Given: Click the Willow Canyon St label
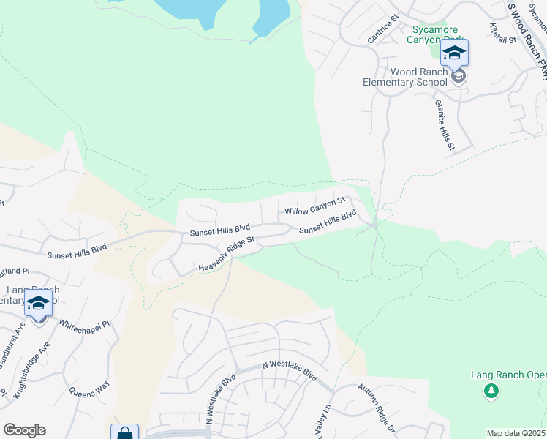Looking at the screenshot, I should coord(314,206).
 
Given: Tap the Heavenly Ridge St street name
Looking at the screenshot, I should coord(226,255).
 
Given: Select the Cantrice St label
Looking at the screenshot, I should coord(382,29).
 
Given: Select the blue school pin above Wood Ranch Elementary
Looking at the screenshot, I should coord(454,53).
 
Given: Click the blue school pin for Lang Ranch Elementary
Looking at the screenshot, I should coord(38,302).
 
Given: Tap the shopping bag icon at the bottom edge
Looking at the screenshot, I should coord(124,432).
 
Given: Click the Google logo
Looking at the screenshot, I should coord(24,430).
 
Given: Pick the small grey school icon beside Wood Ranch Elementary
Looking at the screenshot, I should coord(459,75).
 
